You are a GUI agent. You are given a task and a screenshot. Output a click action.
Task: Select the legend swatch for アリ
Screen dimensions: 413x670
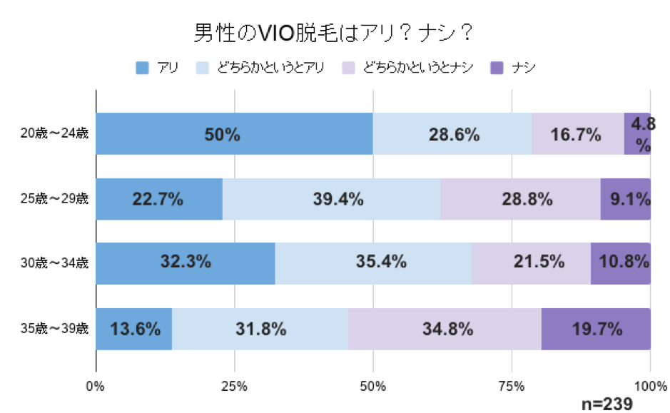pyautogui.click(x=141, y=68)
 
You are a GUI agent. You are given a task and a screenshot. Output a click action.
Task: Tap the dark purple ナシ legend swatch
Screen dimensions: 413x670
pyautogui.click(x=497, y=68)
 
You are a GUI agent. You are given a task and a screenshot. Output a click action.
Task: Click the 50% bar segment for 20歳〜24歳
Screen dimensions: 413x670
pyautogui.click(x=234, y=134)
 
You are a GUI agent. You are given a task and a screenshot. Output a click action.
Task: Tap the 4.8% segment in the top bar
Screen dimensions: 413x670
pyautogui.click(x=636, y=134)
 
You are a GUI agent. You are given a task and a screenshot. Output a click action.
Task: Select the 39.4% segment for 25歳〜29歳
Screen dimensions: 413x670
pyautogui.click(x=331, y=199)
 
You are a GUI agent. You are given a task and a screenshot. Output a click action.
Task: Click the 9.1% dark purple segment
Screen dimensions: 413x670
pyautogui.click(x=625, y=199)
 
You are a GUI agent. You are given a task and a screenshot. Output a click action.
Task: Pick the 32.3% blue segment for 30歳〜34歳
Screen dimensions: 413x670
pyautogui.click(x=185, y=263)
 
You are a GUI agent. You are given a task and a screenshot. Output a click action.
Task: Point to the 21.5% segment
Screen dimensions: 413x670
pyautogui.click(x=531, y=263)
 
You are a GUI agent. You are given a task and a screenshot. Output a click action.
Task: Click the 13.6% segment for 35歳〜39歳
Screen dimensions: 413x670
pyautogui.click(x=133, y=329)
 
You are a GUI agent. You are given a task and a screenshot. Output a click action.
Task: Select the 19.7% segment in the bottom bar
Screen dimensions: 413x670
pyautogui.click(x=596, y=329)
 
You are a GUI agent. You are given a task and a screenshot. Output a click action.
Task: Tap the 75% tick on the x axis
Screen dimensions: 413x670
pyautogui.click(x=512, y=386)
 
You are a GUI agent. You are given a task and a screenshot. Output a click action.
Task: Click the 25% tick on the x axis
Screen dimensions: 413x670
pyautogui.click(x=234, y=386)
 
